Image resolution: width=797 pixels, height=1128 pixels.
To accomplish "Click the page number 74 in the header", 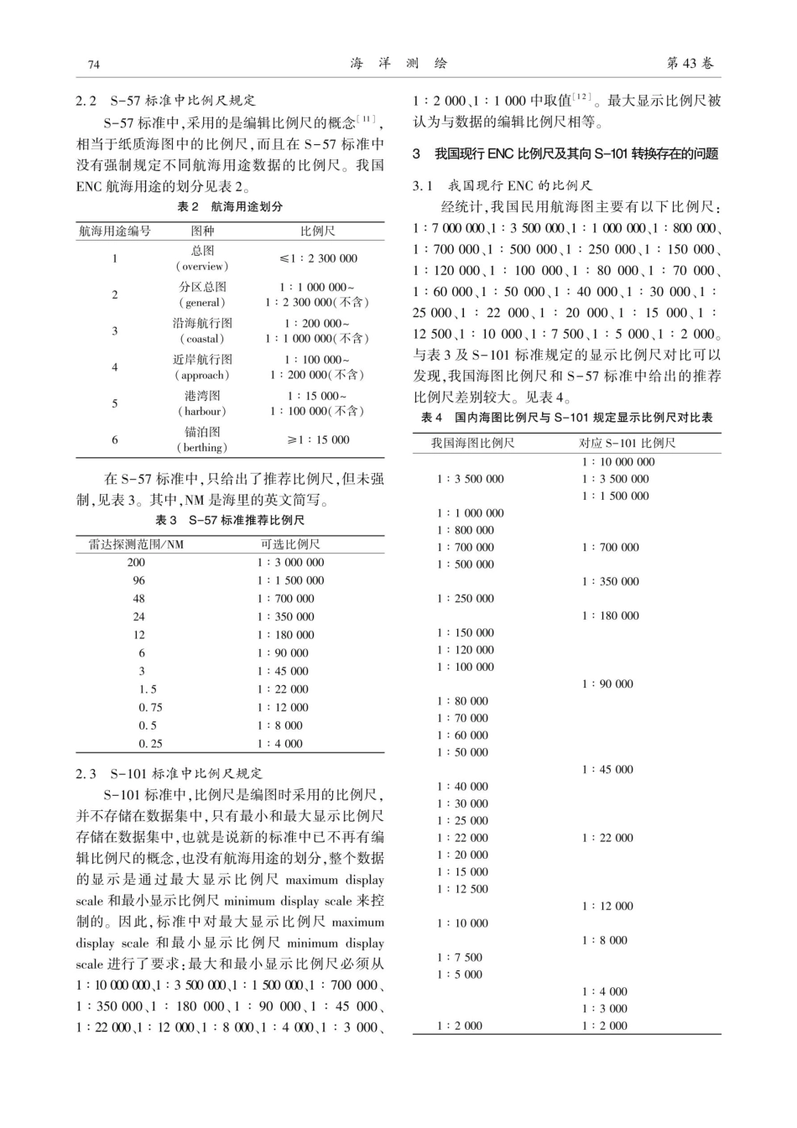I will pos(94,65).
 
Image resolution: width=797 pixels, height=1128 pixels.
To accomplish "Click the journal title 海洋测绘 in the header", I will pos(398,64).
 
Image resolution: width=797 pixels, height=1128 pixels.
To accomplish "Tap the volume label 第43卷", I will pos(690,64).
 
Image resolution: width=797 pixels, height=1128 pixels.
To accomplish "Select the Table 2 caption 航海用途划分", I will pos(230,206).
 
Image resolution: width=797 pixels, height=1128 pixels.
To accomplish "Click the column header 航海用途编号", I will pos(115,231).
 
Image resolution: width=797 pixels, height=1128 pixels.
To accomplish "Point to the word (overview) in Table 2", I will pos(202,266).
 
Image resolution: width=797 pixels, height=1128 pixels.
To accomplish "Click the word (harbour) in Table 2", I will pos(202,411).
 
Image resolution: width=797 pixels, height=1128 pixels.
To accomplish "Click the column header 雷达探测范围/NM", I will pos(137,544).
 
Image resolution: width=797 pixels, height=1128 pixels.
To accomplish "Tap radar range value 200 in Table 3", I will pos(136,563).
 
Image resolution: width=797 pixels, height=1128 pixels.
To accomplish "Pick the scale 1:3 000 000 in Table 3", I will pos(290,563).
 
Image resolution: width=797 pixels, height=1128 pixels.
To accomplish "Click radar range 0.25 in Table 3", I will pos(151,744).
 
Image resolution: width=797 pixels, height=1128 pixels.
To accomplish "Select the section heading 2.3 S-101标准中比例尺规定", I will pos(169,773).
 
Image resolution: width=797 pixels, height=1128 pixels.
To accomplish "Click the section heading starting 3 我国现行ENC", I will pos(565,154).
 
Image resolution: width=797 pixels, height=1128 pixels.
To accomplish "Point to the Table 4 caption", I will pos(566,418).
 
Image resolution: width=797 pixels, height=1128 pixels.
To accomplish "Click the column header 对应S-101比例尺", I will pos(627,443).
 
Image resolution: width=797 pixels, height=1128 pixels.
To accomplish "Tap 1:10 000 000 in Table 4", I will pos(618,462).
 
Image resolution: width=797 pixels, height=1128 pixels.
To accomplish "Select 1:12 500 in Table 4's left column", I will pos(462,889).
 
